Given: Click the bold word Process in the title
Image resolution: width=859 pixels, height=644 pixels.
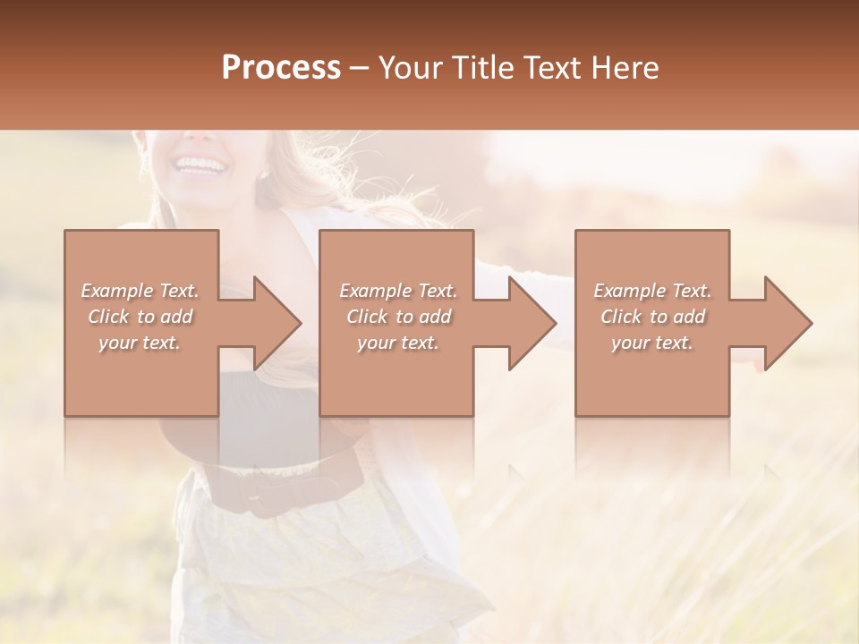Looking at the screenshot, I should pyautogui.click(x=281, y=68).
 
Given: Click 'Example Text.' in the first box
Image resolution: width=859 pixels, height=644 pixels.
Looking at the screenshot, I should pyautogui.click(x=140, y=291).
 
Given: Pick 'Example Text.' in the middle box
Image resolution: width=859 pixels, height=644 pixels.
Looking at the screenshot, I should pyautogui.click(x=398, y=291).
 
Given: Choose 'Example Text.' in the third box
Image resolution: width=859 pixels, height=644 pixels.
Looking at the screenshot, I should pyautogui.click(x=652, y=291).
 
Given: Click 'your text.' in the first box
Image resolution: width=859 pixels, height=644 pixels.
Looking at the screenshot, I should pyautogui.click(x=140, y=343).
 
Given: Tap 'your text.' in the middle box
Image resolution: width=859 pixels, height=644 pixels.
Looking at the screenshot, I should pyautogui.click(x=397, y=343).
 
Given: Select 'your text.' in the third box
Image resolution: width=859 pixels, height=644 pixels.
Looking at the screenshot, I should pyautogui.click(x=652, y=343).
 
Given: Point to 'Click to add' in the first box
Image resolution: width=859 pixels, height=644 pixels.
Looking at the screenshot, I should pyautogui.click(x=140, y=317).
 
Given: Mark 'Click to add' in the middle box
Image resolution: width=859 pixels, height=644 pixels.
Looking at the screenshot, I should pyautogui.click(x=398, y=317).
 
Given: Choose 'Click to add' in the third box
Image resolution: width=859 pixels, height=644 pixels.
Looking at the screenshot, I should pyautogui.click(x=652, y=317).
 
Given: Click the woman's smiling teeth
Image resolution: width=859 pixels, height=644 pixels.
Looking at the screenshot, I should pyautogui.click(x=200, y=165).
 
